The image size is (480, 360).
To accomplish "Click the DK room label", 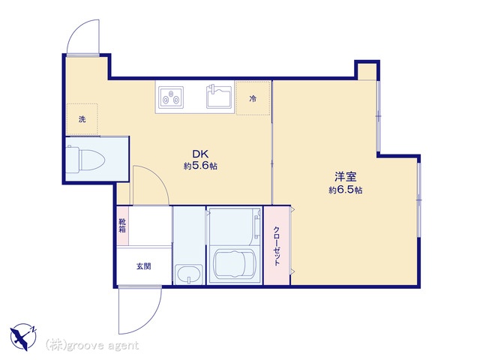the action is pos(200,153).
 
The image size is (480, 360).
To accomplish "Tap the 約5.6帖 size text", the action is pos(200,166).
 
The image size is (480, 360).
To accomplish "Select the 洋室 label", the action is pos(345,177).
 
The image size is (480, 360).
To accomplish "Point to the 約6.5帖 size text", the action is pos(346,190).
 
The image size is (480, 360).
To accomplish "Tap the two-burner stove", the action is pos(171,97).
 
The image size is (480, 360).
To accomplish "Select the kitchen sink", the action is pos(219,97).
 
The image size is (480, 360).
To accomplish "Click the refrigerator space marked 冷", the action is pos(253,98).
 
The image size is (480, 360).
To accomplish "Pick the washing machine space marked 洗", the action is pos(82,119).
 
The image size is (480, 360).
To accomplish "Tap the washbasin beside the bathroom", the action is pos(188,273).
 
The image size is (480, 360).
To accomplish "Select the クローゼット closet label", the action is pos(277,246).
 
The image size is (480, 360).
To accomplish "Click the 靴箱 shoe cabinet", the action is pos(122,226).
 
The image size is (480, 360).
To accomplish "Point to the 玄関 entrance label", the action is pos(143,266).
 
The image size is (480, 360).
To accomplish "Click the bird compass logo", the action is pos(23,337).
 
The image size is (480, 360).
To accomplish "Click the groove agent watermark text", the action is pos(92,345).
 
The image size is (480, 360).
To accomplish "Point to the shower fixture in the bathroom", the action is pos(256,228).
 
